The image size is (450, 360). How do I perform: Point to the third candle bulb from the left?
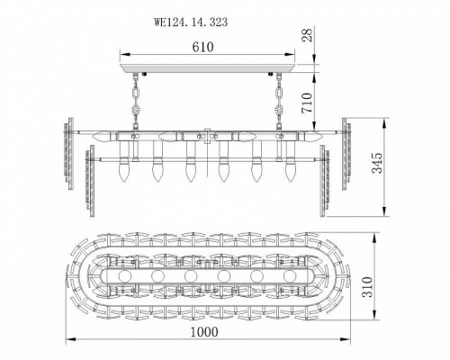click(189, 171)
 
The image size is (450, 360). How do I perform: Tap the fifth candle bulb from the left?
click(256, 171)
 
